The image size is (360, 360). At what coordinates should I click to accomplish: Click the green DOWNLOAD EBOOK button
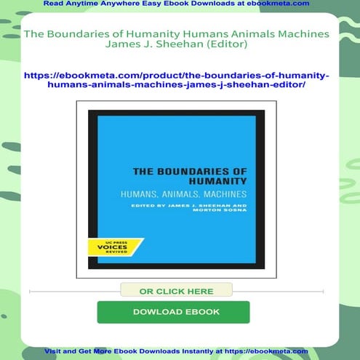tap(173, 311)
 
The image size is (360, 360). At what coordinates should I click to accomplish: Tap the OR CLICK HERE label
tap(176, 290)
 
